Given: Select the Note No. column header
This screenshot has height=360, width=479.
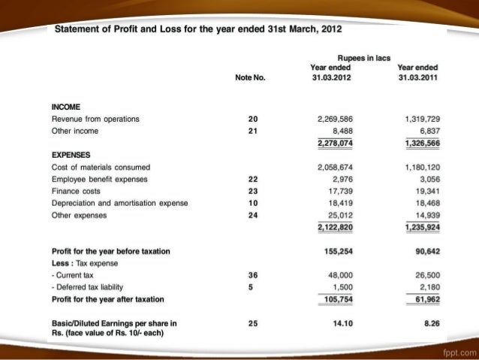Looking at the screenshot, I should click(x=251, y=77).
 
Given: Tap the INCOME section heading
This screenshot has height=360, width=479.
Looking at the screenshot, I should click(x=67, y=108).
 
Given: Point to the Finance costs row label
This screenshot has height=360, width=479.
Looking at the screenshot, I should click(x=77, y=191).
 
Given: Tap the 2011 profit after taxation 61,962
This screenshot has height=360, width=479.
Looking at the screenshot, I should click(x=421, y=298).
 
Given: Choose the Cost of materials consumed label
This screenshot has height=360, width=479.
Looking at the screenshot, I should click(x=101, y=167).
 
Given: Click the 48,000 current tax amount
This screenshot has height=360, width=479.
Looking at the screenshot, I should click(x=341, y=274).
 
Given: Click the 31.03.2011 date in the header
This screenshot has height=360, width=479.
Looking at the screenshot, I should click(x=418, y=77).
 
